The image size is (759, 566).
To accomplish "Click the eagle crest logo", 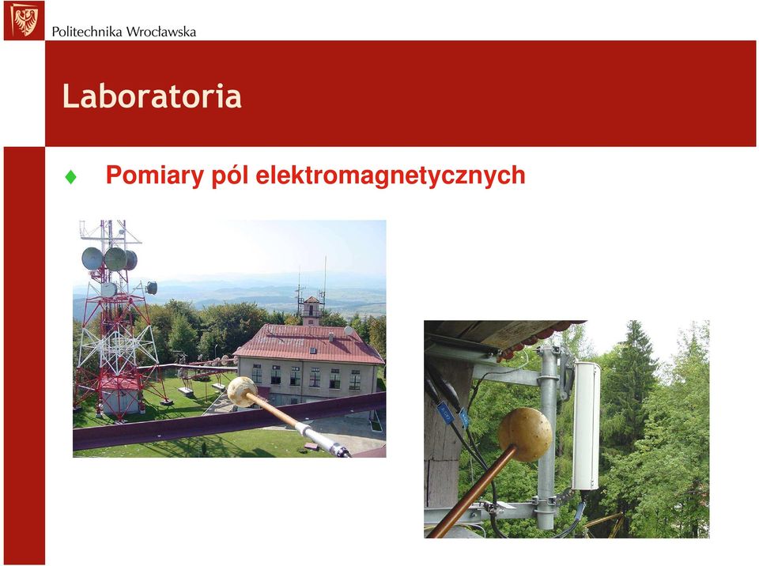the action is (24, 21).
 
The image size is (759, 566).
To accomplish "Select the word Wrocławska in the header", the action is (161, 32).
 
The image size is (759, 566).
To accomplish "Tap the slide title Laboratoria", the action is (152, 96).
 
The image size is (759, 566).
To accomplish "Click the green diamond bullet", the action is (70, 177).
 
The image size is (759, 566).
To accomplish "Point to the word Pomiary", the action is (155, 175).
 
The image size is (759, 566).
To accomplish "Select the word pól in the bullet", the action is (230, 175).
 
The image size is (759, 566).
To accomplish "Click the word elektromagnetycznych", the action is (390, 175).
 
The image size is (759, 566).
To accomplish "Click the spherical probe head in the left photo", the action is (242, 391).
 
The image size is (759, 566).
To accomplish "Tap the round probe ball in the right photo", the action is (525, 434).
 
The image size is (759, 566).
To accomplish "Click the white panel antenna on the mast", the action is (586, 426).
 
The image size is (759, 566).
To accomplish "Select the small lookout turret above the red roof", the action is (312, 311).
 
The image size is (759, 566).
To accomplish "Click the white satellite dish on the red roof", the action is (349, 330).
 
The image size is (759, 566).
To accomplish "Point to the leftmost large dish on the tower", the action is (92, 258).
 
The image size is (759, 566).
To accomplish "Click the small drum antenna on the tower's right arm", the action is (152, 288).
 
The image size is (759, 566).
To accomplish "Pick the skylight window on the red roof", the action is (312, 350).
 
